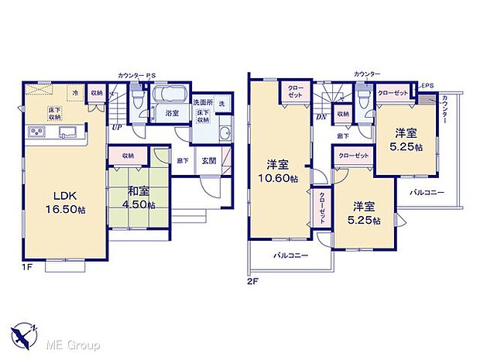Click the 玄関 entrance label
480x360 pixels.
(x=209, y=161)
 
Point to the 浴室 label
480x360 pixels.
(x=172, y=113)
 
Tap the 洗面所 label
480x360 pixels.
(x=203, y=103)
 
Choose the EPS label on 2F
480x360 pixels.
(x=427, y=86)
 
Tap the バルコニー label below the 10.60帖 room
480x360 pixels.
(x=291, y=255)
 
